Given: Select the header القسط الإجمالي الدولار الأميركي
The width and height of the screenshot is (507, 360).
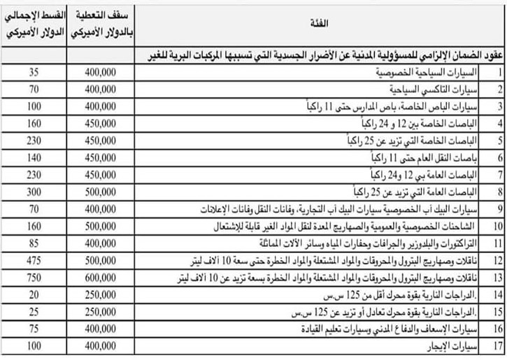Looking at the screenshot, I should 34,25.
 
